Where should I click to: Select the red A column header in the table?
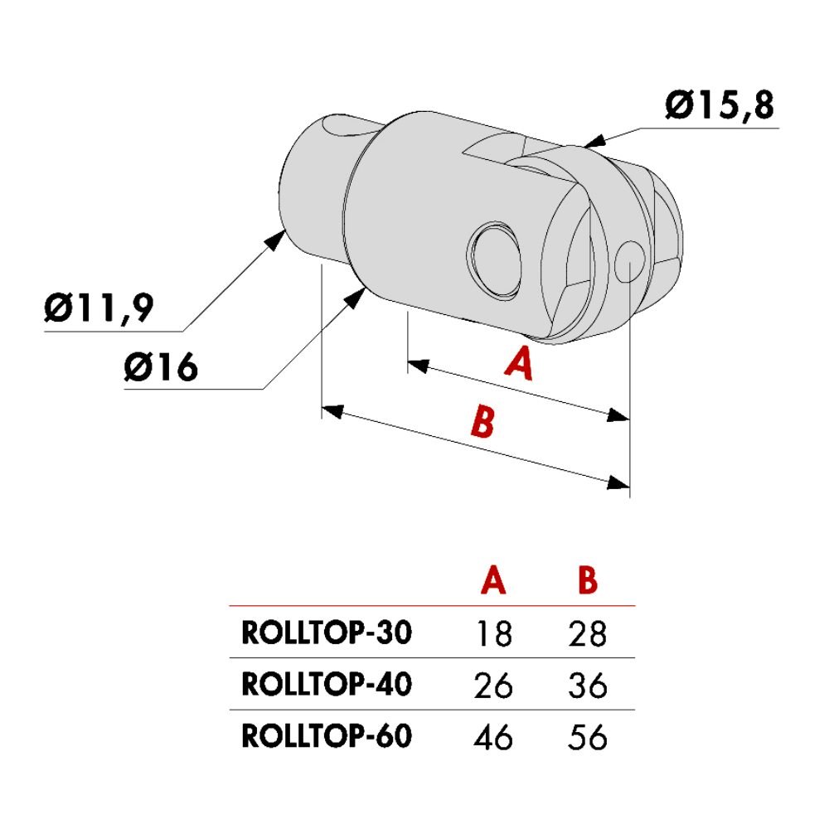click(493, 580)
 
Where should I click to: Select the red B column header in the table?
click(588, 580)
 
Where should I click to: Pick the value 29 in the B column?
click(588, 634)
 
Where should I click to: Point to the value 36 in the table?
click(588, 685)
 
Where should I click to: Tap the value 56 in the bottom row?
click(588, 736)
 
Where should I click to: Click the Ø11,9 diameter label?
click(99, 310)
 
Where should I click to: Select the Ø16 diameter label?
click(162, 366)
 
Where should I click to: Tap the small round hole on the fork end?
click(631, 259)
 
